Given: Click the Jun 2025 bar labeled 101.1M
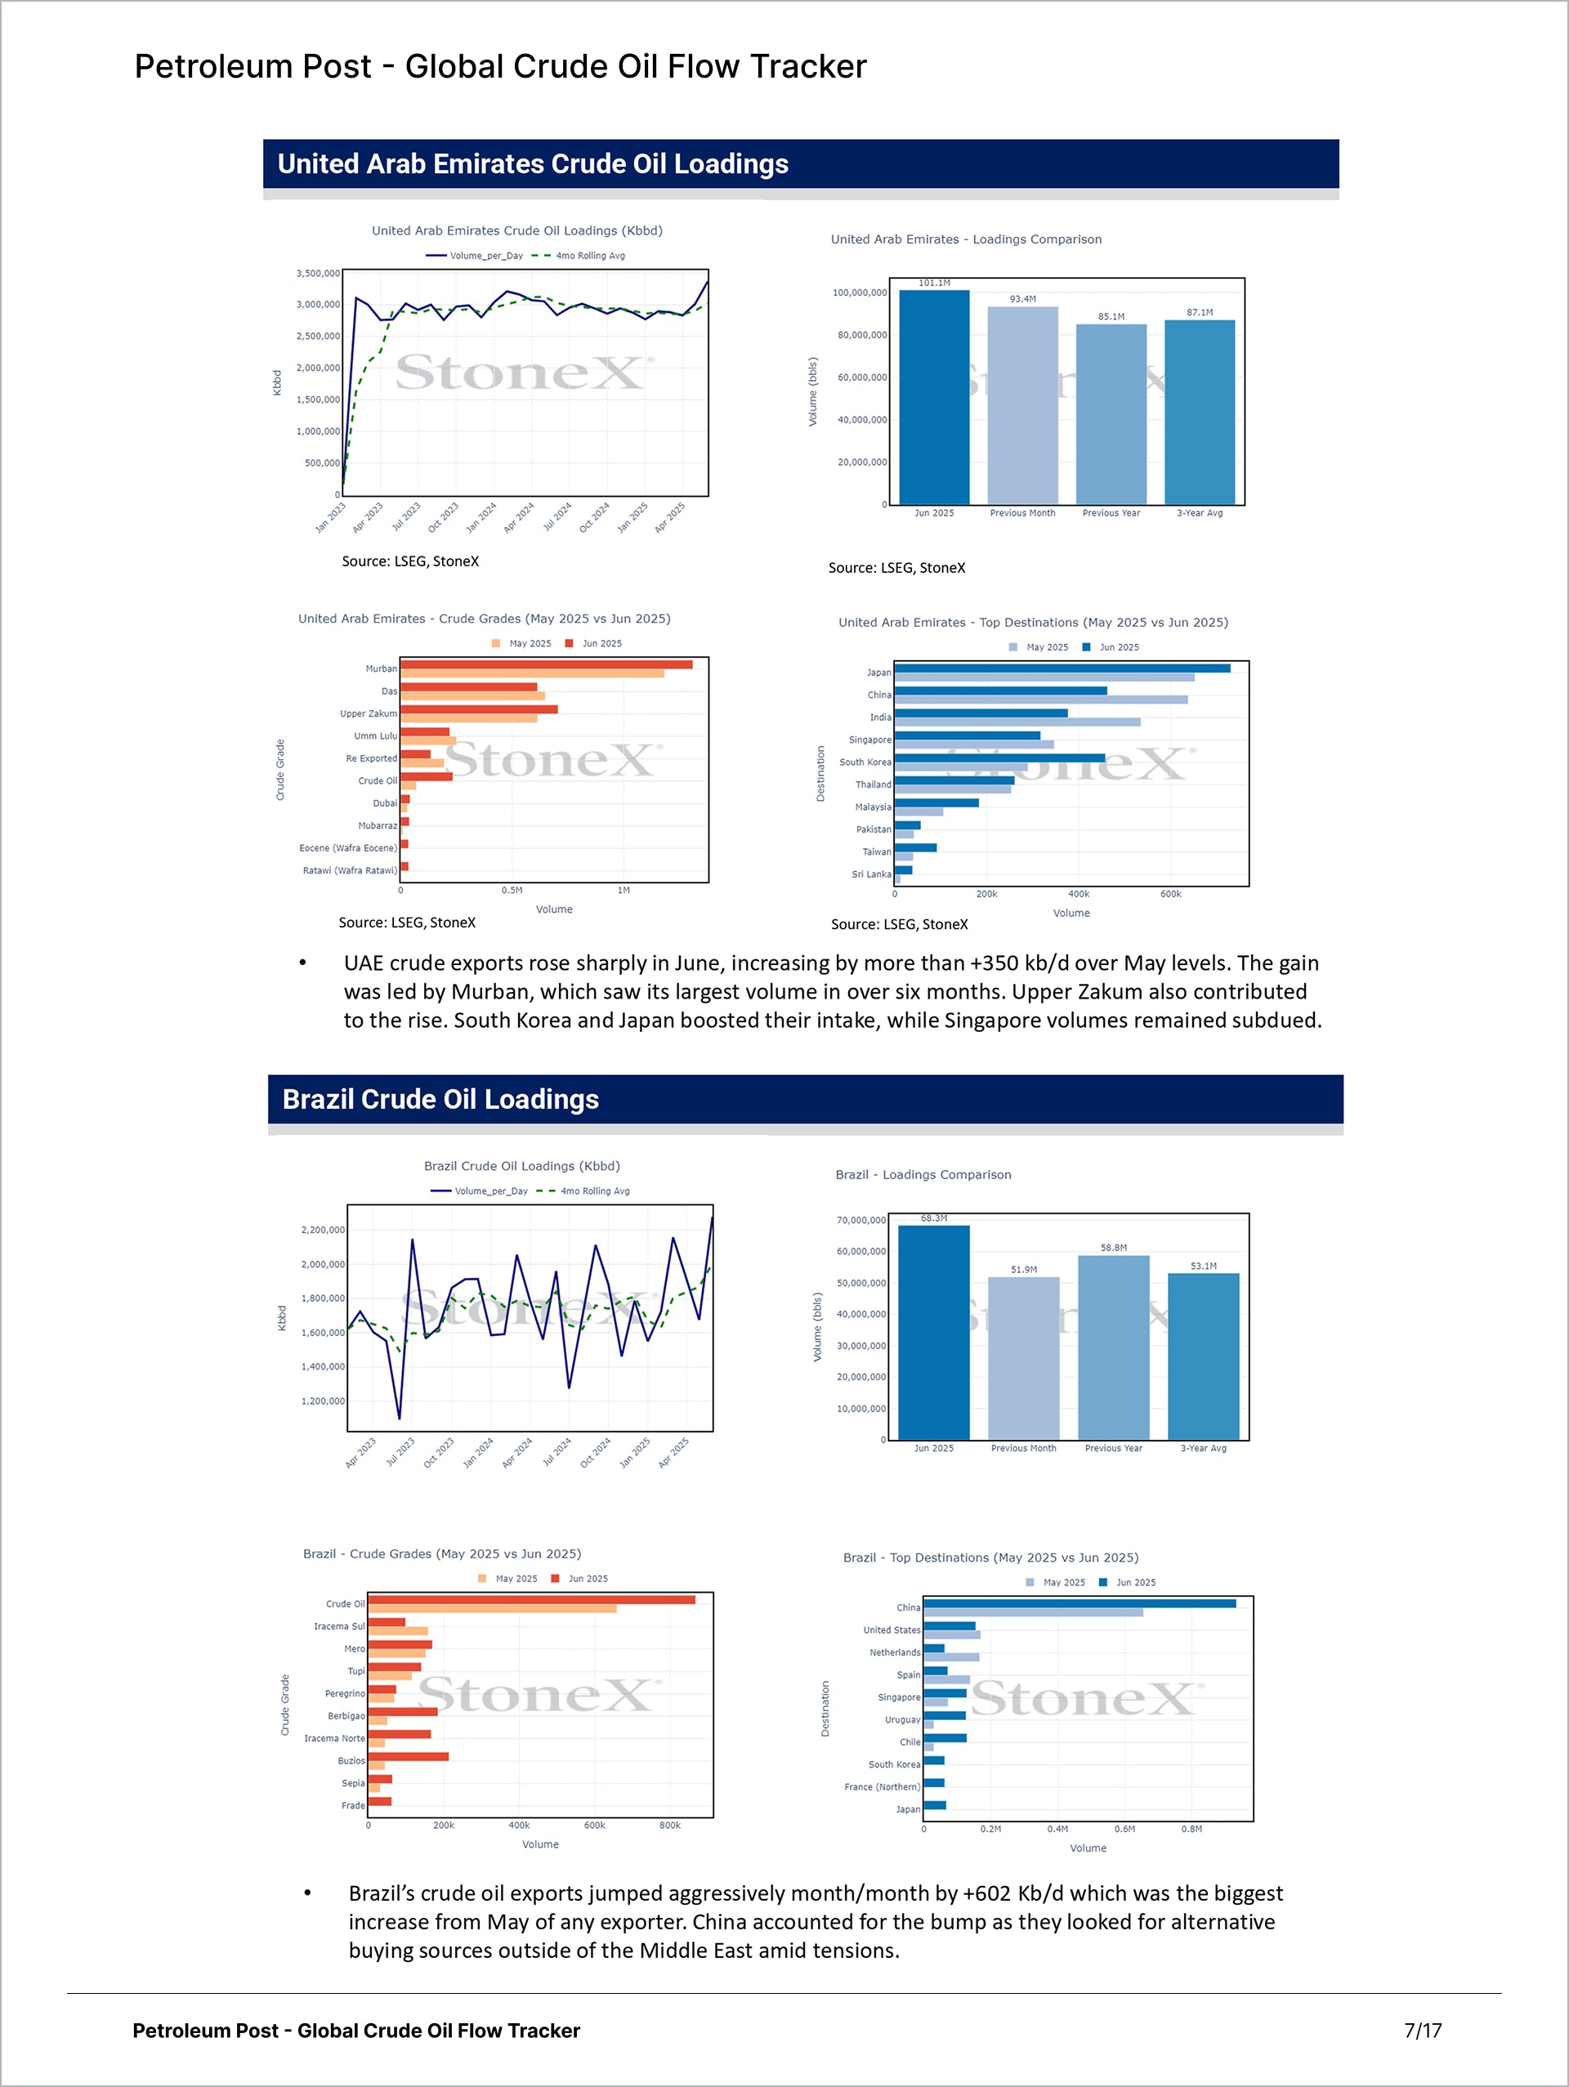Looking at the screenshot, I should pos(934,396).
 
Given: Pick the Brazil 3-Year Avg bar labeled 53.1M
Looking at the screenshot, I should pos(1203,1355).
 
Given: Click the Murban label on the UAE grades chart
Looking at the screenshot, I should pos(381,669).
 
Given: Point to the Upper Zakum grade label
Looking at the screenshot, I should pos(368,713).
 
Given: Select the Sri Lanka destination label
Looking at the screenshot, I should pos(871,874).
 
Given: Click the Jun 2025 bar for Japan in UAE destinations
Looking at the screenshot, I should pos(1062,668).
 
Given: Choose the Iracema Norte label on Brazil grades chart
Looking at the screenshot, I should pos(334,1738).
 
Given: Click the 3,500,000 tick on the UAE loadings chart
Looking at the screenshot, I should pos(318,274).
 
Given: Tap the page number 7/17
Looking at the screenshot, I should pos(1422,2031).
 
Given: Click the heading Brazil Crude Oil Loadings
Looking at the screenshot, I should pos(440,1099).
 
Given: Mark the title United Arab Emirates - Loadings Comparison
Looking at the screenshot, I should pos(965,239).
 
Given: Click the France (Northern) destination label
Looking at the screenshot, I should pos(881,1787).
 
